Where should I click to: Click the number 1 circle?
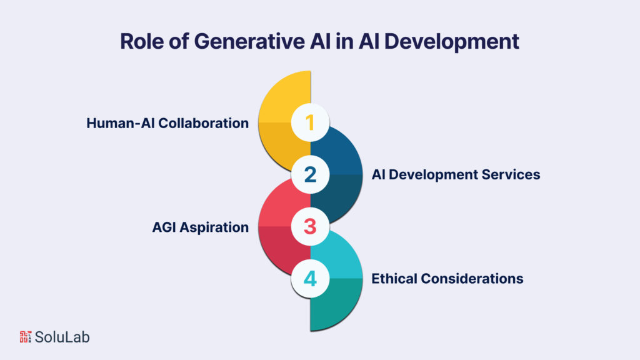pos(311,122)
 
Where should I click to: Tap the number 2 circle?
pos(311,174)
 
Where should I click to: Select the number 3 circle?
pos(311,226)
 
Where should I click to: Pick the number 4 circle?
pos(311,278)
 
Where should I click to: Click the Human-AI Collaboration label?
pos(167,123)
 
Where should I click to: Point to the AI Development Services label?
pos(456,174)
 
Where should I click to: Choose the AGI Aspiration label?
pos(200,227)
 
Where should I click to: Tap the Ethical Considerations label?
pos(447,278)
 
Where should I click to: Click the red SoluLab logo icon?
pos(26,337)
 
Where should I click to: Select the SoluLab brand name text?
pos(62,337)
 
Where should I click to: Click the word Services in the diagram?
pos(512,174)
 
